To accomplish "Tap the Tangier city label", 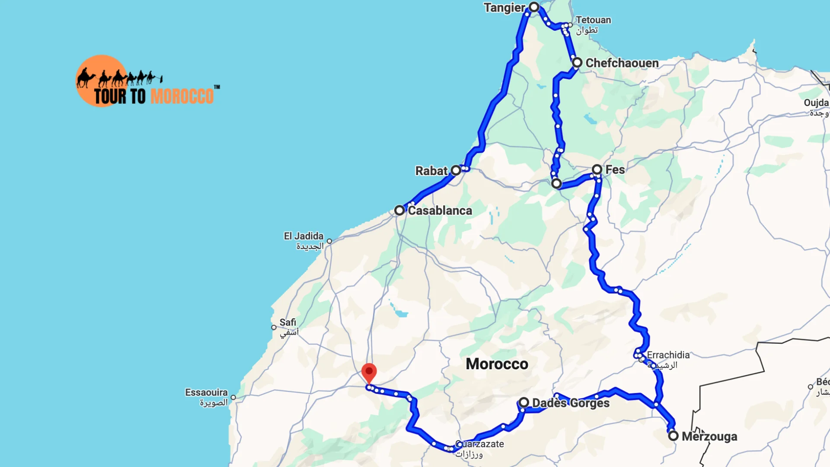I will click(504, 8).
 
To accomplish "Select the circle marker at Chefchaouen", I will click(577, 63).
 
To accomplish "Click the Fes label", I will click(615, 170).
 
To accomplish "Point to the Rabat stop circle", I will click(456, 170).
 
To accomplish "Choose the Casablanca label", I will click(440, 211).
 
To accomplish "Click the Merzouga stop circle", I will click(673, 436).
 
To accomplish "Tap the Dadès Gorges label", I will click(571, 403).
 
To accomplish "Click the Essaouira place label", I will click(206, 393).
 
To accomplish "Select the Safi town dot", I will click(274, 327).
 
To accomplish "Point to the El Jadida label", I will click(303, 236).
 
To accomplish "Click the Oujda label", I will click(816, 103).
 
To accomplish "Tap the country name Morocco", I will click(497, 364).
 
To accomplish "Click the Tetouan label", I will click(593, 20).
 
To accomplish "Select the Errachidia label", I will click(668, 355).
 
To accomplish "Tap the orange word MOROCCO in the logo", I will click(182, 96).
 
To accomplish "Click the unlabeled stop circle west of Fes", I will click(556, 184).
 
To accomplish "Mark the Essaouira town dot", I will click(233, 397).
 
